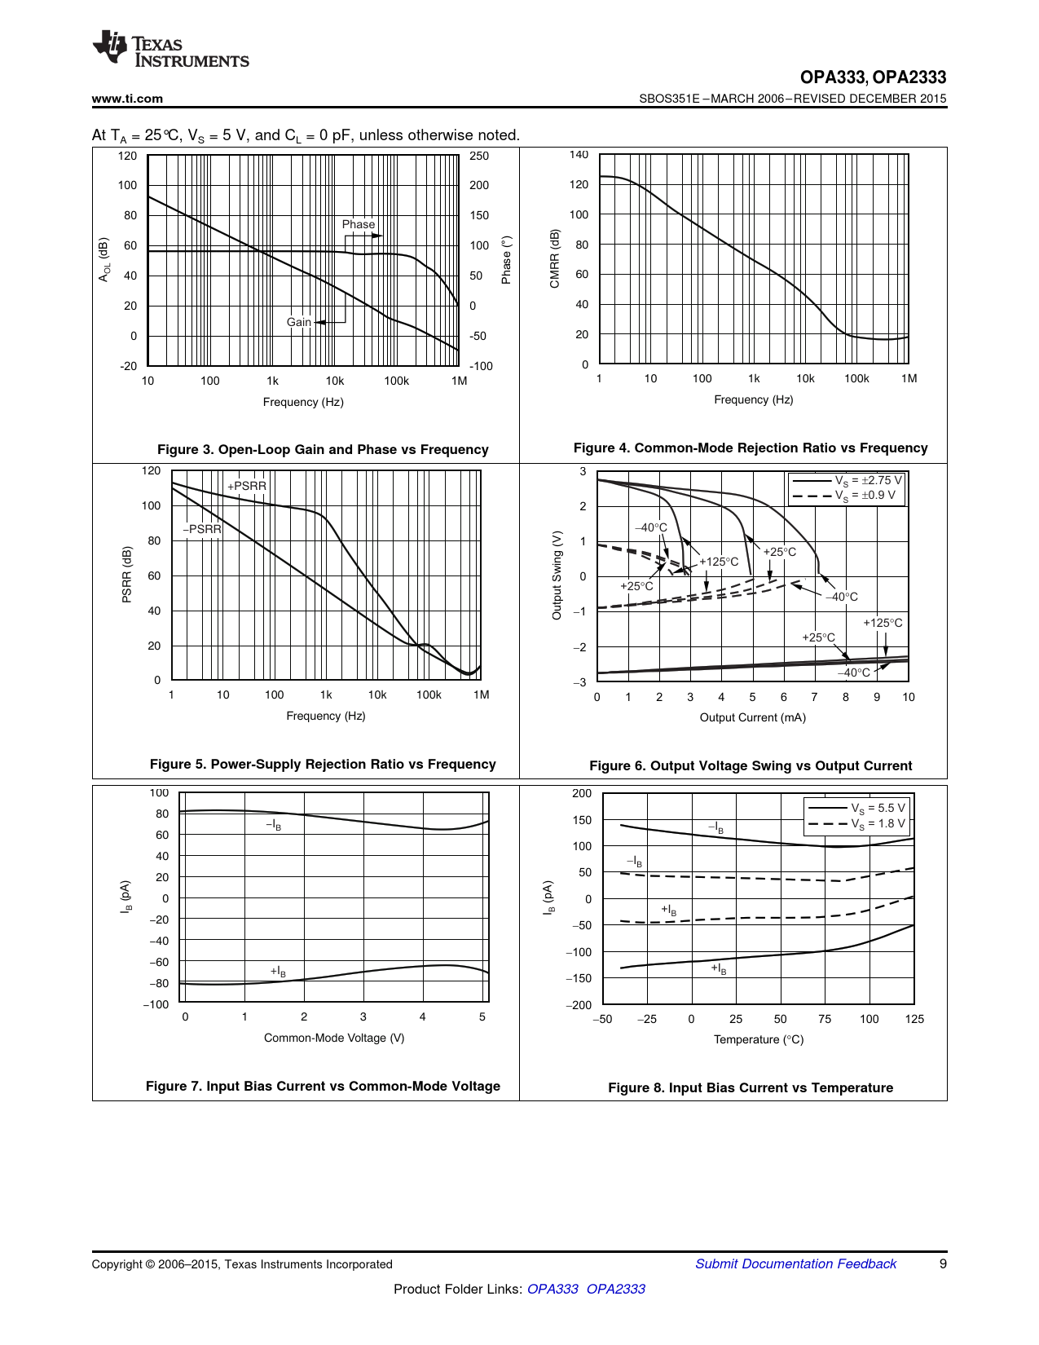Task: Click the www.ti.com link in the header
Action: tap(127, 99)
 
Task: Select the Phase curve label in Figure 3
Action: tap(358, 224)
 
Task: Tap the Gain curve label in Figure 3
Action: tap(298, 322)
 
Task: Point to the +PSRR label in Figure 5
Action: tap(247, 486)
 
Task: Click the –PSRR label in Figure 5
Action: tap(202, 529)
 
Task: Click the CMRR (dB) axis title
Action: tap(555, 258)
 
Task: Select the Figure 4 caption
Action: tap(751, 448)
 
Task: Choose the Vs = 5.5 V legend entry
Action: tap(877, 808)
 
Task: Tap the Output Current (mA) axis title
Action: tap(752, 717)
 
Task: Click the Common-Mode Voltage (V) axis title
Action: tap(334, 1038)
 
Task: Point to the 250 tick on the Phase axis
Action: tap(479, 156)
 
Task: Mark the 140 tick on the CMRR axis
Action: tap(579, 154)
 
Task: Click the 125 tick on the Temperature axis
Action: tap(914, 1019)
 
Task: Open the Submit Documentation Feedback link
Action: tap(795, 1263)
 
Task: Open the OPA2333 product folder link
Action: tap(615, 1289)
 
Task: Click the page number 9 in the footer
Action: tap(943, 1263)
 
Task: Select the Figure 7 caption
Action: tap(323, 1086)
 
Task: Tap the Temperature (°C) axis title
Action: tap(758, 1039)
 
